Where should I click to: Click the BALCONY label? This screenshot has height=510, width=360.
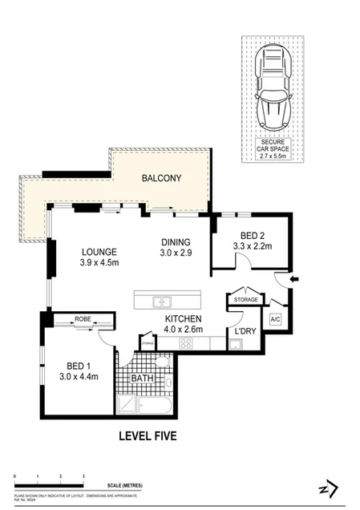pos(161,177)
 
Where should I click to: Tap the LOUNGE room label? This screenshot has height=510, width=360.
pos(99,250)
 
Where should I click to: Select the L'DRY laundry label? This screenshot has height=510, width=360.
pos(244,330)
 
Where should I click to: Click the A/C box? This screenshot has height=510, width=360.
pos(275,318)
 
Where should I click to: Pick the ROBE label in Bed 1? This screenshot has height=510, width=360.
pos(83,319)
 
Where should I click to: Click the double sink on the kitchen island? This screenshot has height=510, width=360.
pos(163,302)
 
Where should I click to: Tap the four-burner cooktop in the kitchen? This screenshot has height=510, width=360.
pos(186,343)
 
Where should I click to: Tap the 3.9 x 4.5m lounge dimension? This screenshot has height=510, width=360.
pos(99,262)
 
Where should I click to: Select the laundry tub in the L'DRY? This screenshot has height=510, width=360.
pos(237,345)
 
